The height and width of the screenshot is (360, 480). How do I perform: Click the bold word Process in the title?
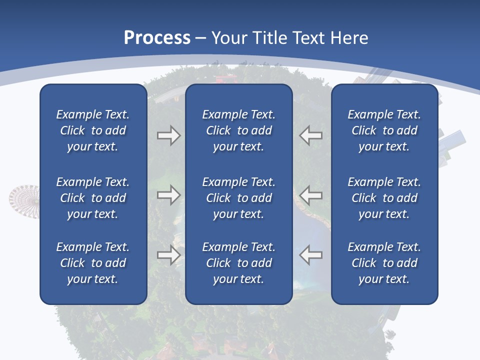click(x=157, y=38)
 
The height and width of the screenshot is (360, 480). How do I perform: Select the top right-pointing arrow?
click(x=168, y=135)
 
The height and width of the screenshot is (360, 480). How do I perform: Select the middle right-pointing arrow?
click(x=168, y=195)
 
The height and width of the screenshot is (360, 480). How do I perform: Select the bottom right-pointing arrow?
click(x=168, y=255)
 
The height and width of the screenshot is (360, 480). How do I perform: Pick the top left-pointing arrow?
click(x=310, y=135)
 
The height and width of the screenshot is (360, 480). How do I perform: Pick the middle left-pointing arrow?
click(x=310, y=195)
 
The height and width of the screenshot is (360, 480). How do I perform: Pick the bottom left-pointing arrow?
click(x=310, y=255)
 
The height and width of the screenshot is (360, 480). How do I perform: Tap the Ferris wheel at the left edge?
click(x=23, y=200)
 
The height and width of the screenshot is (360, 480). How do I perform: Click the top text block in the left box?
click(x=93, y=130)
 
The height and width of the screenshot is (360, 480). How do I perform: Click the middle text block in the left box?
click(x=93, y=198)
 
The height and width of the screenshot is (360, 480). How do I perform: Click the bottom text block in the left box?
click(x=93, y=263)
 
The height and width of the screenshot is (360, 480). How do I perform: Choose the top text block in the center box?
click(x=239, y=130)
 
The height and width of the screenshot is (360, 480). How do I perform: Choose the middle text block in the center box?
click(x=239, y=198)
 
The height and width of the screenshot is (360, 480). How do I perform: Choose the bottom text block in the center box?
click(x=239, y=263)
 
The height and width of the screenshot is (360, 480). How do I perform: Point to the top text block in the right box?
click(x=384, y=130)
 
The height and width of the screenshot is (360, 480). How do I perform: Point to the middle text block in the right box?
click(x=384, y=198)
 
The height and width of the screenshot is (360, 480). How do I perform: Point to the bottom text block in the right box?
click(x=384, y=263)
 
